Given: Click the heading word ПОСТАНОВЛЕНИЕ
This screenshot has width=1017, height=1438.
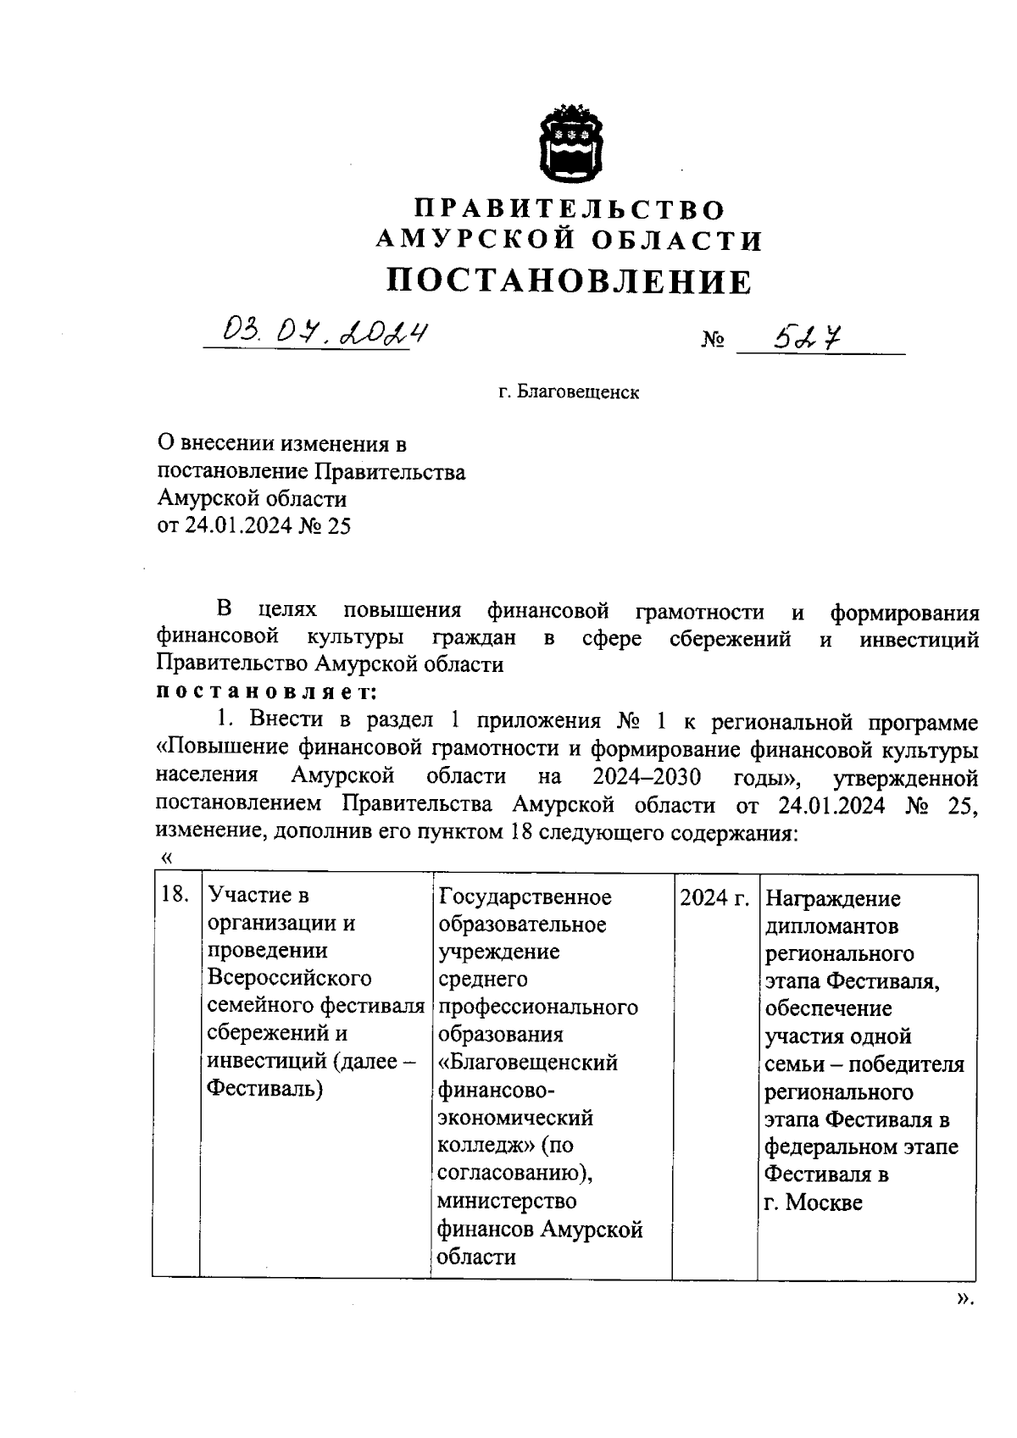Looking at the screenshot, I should (569, 280).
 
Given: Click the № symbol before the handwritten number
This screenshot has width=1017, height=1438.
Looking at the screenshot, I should (713, 341).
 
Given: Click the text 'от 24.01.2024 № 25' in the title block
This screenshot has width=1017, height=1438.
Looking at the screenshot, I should (254, 526).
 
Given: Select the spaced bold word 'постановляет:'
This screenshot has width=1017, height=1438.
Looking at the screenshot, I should (266, 691).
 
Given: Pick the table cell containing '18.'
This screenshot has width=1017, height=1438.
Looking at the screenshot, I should (175, 896).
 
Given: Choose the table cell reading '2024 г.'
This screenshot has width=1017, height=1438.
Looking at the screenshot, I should (714, 897).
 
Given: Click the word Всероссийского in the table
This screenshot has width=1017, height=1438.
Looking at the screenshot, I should (290, 978).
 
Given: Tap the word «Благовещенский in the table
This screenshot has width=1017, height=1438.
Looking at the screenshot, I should (527, 1062).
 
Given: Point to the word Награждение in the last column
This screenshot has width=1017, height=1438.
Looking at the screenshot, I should (832, 898).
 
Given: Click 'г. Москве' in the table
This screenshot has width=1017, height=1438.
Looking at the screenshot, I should (813, 1202).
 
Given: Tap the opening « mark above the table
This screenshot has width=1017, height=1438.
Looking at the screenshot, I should (166, 858).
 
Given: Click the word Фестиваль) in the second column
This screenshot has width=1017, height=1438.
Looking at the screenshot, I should (265, 1089).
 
